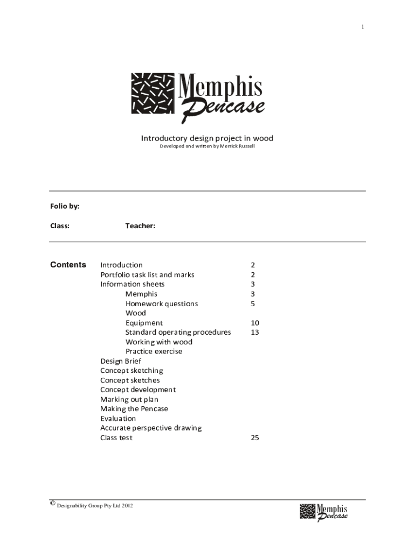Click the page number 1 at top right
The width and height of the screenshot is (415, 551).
click(x=363, y=27)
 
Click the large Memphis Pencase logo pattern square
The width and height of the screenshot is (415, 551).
click(x=153, y=93)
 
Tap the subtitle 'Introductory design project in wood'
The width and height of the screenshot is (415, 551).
click(x=207, y=138)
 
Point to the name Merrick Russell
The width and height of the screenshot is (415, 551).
click(x=240, y=146)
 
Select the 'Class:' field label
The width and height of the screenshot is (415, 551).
click(x=60, y=226)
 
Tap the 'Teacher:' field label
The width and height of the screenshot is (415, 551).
click(x=140, y=226)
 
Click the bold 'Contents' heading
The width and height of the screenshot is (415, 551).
click(x=68, y=265)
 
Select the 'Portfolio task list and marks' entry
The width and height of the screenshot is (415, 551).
click(x=147, y=274)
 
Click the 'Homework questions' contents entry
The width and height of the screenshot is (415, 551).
click(x=162, y=303)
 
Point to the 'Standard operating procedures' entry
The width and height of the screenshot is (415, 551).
click(x=178, y=332)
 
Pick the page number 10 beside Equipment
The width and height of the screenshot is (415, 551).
click(x=254, y=323)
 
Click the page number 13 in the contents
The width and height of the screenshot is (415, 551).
click(x=254, y=332)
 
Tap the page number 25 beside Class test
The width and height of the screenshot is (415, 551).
click(x=254, y=438)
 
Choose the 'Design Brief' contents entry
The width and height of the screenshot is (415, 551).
click(x=121, y=361)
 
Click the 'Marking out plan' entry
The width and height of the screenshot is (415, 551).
click(x=129, y=399)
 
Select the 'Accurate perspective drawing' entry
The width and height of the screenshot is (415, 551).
click(x=151, y=428)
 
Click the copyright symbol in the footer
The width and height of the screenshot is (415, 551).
click(x=52, y=504)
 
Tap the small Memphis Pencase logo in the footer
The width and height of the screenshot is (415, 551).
click(x=323, y=512)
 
